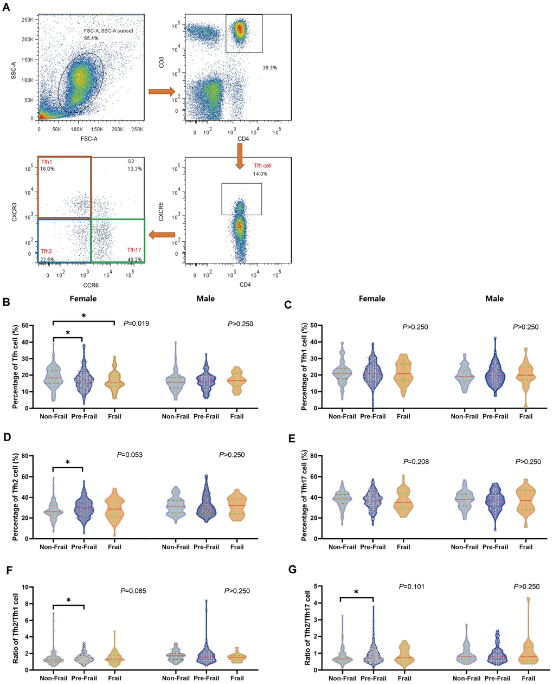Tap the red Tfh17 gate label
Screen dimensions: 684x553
[134, 250]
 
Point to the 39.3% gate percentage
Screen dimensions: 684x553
[270, 68]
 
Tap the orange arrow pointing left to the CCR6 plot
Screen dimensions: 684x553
[162, 235]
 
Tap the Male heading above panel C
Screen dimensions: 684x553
[494, 299]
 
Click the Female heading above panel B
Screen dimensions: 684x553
[83, 299]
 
